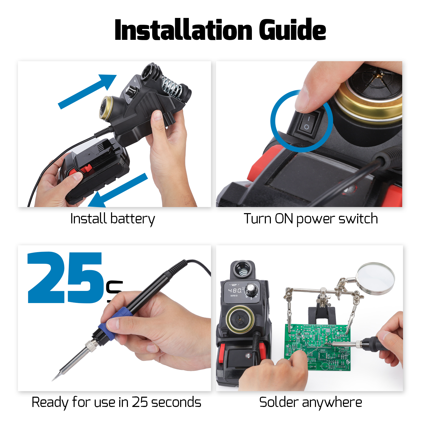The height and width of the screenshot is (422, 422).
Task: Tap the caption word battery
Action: point(132,219)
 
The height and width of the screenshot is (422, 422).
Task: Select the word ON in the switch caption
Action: point(284,219)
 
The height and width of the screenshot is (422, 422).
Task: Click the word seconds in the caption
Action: point(176,402)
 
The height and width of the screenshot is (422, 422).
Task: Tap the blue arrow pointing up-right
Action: point(87,91)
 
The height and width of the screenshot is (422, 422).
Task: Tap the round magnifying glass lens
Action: point(376,278)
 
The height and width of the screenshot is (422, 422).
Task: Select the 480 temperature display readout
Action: point(235,290)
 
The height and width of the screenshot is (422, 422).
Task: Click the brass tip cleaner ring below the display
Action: point(240,319)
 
